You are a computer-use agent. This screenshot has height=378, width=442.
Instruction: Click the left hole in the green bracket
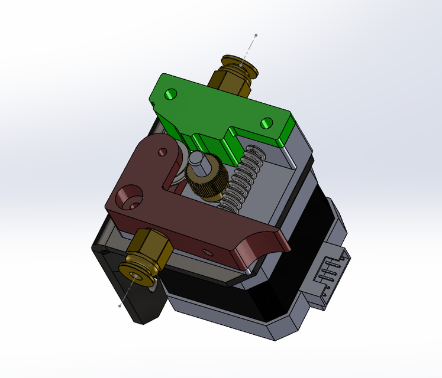point(172,94)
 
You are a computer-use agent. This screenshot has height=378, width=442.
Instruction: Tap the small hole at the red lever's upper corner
point(162,152)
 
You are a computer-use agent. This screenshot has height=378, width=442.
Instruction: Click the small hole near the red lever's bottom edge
point(207,252)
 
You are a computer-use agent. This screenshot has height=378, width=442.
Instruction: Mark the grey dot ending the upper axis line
point(256,35)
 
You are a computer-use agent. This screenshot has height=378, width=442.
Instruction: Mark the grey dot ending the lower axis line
point(120,306)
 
